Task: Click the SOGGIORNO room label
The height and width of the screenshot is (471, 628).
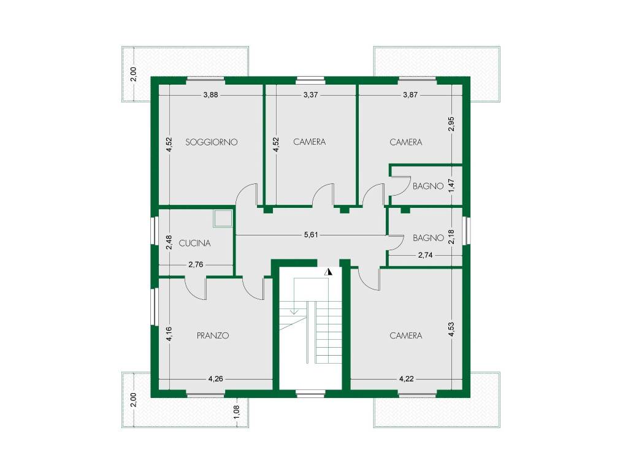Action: click(212, 142)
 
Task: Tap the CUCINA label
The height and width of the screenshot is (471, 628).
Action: click(194, 243)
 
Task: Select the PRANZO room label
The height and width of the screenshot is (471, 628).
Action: click(213, 335)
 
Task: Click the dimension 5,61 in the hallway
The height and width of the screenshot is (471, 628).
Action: click(311, 235)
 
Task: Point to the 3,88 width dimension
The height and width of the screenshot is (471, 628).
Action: click(211, 95)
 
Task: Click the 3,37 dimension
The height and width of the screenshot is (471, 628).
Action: click(311, 95)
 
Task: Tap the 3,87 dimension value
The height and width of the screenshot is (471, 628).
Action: click(410, 95)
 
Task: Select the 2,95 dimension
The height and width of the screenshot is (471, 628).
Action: click(451, 124)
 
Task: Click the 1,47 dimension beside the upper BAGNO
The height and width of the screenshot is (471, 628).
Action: click(451, 185)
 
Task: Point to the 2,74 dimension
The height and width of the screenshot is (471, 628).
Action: click(426, 255)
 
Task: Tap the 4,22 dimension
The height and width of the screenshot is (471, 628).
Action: click(407, 378)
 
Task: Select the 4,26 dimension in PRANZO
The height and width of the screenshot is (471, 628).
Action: click(216, 378)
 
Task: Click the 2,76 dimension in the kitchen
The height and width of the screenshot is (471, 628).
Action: click(196, 264)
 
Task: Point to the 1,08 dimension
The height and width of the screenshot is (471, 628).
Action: click(236, 412)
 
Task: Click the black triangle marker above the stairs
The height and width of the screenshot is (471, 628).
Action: click(329, 272)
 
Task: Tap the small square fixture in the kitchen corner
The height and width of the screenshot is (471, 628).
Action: click(223, 218)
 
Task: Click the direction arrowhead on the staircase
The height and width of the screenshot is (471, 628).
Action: click(294, 311)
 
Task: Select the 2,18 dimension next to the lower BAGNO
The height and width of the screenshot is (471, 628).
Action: click(451, 237)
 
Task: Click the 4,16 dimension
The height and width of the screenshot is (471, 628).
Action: click(169, 334)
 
